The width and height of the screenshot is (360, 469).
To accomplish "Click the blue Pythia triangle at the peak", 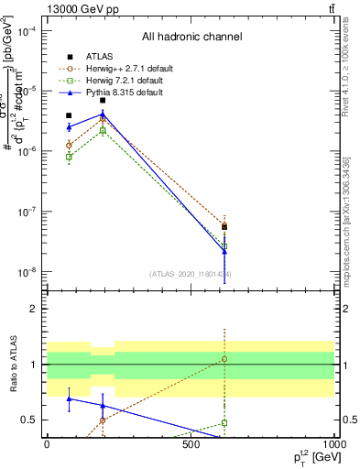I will (103, 114).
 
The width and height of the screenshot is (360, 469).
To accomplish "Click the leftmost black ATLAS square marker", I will (69, 115).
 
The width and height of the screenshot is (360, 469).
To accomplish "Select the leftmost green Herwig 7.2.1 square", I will (69, 157).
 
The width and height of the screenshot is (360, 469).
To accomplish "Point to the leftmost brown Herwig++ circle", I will (69, 145).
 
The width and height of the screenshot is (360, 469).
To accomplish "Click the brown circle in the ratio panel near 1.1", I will (224, 359).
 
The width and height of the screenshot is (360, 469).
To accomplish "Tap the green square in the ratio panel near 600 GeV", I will (224, 423).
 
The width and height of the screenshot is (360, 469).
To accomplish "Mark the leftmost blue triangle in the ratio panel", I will (69, 398).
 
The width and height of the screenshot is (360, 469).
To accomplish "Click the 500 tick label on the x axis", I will (191, 444).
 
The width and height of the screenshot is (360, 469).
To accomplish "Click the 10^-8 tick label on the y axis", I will (27, 272).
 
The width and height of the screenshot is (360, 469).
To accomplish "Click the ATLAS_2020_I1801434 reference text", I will (191, 274).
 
